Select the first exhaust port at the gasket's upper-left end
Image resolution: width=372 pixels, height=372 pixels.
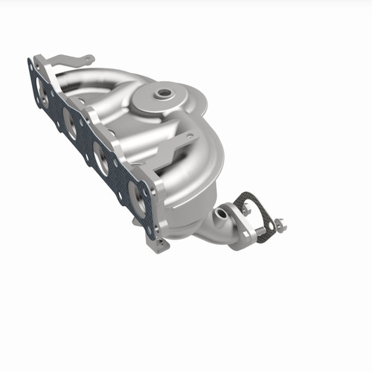pyautogui.click(x=40, y=88)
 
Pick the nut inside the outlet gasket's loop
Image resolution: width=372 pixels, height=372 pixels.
pyautogui.click(x=246, y=210)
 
